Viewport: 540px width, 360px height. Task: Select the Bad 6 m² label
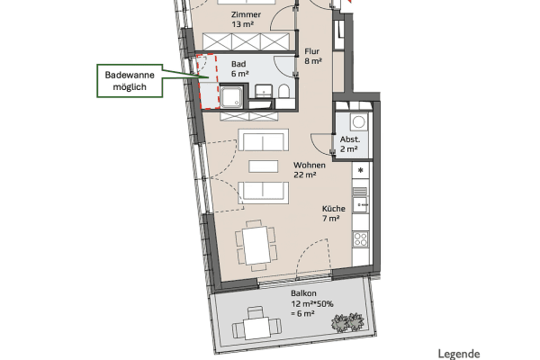(238, 70)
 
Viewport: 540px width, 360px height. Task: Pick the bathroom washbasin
(263, 91)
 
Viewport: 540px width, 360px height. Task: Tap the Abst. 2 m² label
(350, 144)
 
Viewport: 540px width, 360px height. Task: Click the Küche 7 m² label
(332, 213)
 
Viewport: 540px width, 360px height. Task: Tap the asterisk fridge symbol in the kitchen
(361, 170)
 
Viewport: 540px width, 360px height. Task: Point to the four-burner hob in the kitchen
(361, 239)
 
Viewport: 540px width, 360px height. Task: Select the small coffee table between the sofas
(263, 166)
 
